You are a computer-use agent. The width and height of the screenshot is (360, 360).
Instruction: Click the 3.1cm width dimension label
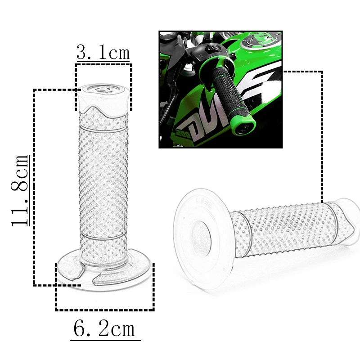click(103, 53)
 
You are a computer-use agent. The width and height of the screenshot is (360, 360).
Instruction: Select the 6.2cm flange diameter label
click(104, 329)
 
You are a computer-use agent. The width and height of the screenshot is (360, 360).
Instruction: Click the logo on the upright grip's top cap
click(103, 89)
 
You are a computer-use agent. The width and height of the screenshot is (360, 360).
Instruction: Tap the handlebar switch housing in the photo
click(207, 52)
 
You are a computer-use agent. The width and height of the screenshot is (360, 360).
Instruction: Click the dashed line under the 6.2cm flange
click(104, 310)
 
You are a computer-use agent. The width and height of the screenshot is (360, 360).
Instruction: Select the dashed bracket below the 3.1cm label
click(103, 64)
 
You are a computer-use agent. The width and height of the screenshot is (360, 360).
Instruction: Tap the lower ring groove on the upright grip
click(103, 235)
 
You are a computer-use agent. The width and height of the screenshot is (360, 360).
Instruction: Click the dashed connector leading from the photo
click(322, 135)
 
